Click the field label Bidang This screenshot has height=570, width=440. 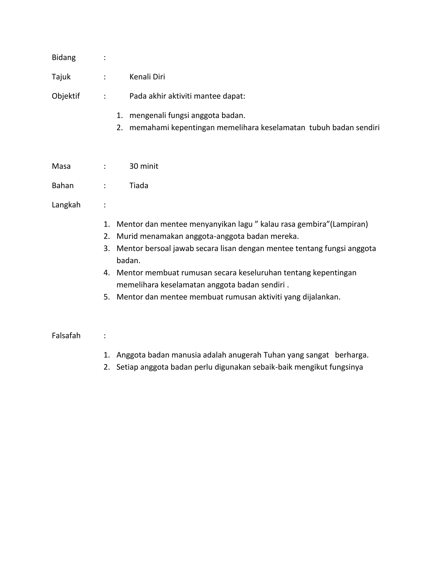pyautogui.click(x=64, y=57)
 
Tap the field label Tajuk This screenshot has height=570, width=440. pyautogui.click(x=61, y=77)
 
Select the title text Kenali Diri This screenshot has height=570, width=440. pyautogui.click(x=147, y=77)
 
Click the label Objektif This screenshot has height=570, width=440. pyautogui.click(x=66, y=96)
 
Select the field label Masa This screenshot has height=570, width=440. pyautogui.click(x=61, y=166)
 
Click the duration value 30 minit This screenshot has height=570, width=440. pyautogui.click(x=144, y=166)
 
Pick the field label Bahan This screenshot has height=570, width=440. pyautogui.click(x=63, y=186)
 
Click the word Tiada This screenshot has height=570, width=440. pyautogui.click(x=139, y=186)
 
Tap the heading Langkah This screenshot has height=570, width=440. pyautogui.click(x=66, y=205)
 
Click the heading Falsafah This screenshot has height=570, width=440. pyautogui.click(x=66, y=336)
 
